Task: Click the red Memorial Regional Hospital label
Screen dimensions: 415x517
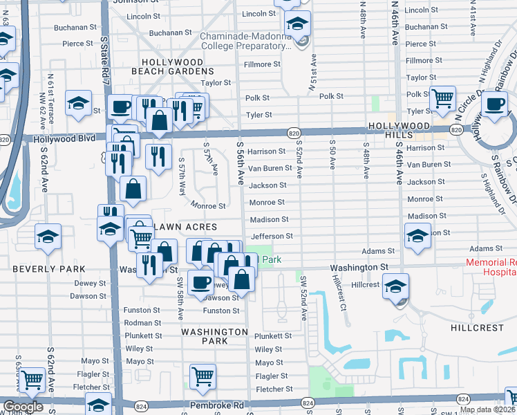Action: coord(491,267)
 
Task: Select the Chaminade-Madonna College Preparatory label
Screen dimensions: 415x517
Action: coord(246,41)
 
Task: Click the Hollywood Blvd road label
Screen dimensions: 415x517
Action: coord(64,138)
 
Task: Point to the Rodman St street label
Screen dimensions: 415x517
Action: coord(142,323)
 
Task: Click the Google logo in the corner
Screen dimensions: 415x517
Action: coord(23,407)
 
